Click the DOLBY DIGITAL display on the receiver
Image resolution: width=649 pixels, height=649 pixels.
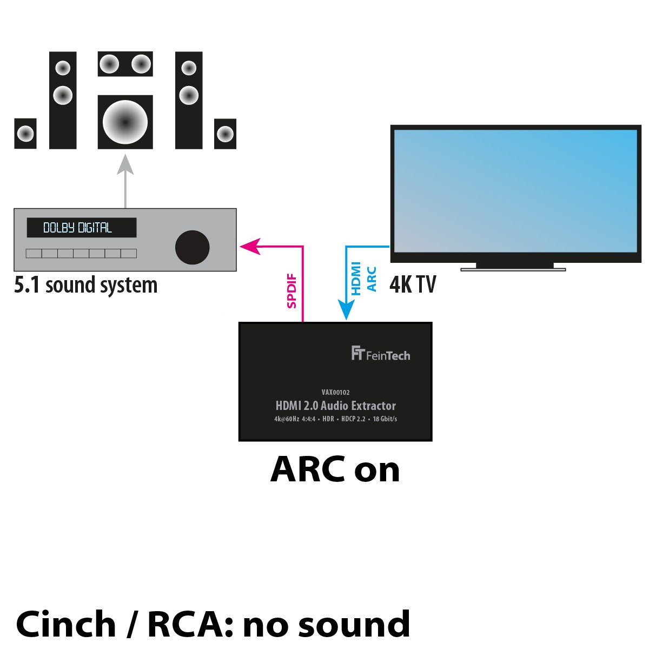click(x=81, y=228)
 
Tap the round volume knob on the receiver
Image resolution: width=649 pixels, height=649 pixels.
click(x=192, y=247)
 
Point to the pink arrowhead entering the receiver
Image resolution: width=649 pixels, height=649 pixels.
click(x=248, y=246)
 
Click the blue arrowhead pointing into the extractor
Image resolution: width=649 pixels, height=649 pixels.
click(x=346, y=312)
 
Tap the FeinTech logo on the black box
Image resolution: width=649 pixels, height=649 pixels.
click(x=380, y=354)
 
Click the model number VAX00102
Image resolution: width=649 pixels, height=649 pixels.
click(x=335, y=392)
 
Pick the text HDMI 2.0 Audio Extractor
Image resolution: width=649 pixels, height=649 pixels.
click(x=335, y=406)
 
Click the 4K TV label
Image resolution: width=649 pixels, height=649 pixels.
click(x=412, y=284)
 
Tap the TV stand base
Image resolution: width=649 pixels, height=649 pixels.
click(x=513, y=267)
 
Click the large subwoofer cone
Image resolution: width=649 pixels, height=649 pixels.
click(x=125, y=122)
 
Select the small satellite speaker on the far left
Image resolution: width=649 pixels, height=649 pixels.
click(x=25, y=133)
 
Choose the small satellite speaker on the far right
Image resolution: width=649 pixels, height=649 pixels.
click(x=225, y=134)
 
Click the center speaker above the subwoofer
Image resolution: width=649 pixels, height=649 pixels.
click(x=125, y=64)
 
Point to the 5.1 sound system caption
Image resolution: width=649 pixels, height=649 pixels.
click(x=85, y=285)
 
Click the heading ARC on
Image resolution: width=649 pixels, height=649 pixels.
click(x=335, y=469)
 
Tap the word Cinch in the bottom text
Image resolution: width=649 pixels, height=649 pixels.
click(x=66, y=624)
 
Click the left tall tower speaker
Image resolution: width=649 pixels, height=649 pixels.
click(x=63, y=100)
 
